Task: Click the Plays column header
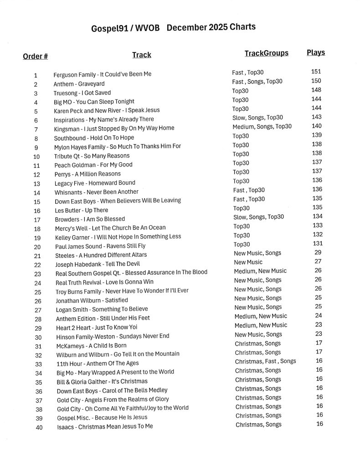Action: (316, 52)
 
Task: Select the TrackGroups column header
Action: (266, 53)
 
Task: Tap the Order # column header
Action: (35, 57)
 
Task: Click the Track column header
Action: (141, 55)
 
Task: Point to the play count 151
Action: (316, 72)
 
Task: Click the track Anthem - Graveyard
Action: (79, 84)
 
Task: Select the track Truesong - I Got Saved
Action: (82, 93)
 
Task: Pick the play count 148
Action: (316, 90)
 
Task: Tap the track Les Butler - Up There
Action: (81, 210)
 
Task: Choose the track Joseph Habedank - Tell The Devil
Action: (98, 264)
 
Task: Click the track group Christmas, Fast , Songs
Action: (265, 361)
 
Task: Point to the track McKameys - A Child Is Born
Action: (91, 345)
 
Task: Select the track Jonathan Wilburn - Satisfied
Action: (92, 301)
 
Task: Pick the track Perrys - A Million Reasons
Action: (87, 174)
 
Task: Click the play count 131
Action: (317, 244)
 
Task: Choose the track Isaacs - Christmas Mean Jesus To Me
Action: (105, 426)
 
